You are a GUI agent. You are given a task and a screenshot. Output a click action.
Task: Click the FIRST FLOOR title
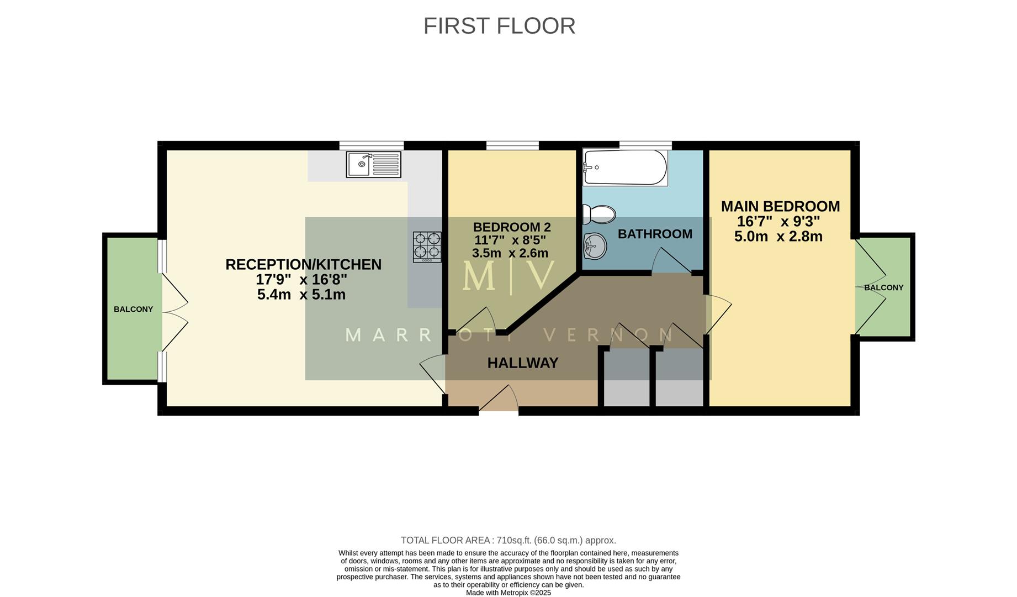(x=499, y=26)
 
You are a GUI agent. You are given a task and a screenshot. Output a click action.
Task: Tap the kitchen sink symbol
(x=373, y=164)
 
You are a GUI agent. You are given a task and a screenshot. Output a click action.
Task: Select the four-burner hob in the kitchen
(x=427, y=247)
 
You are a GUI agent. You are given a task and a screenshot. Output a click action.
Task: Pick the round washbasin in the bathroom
(x=595, y=245)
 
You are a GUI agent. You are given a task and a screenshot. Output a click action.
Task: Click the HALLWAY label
(x=522, y=363)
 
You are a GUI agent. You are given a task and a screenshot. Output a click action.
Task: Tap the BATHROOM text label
(x=655, y=234)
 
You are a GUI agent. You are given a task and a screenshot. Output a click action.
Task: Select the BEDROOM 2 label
(x=512, y=227)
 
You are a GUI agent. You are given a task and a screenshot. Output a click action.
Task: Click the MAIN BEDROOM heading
(x=780, y=206)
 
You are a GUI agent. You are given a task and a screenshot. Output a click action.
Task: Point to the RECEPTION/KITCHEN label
(x=303, y=265)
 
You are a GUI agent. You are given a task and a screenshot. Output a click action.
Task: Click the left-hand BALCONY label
(x=133, y=310)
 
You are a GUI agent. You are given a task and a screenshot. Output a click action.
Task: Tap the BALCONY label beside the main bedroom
(x=883, y=287)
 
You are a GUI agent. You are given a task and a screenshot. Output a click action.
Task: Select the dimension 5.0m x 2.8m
(x=778, y=237)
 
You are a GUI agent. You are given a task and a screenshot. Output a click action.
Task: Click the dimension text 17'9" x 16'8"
(x=301, y=280)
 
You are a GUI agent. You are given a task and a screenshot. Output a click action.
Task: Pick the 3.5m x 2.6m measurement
(x=510, y=253)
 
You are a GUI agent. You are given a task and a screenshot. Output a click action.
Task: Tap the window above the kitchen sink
(x=371, y=145)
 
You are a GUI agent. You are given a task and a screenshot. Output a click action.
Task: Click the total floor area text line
(x=508, y=540)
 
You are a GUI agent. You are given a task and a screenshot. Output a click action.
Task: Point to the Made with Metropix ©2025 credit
(x=508, y=593)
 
